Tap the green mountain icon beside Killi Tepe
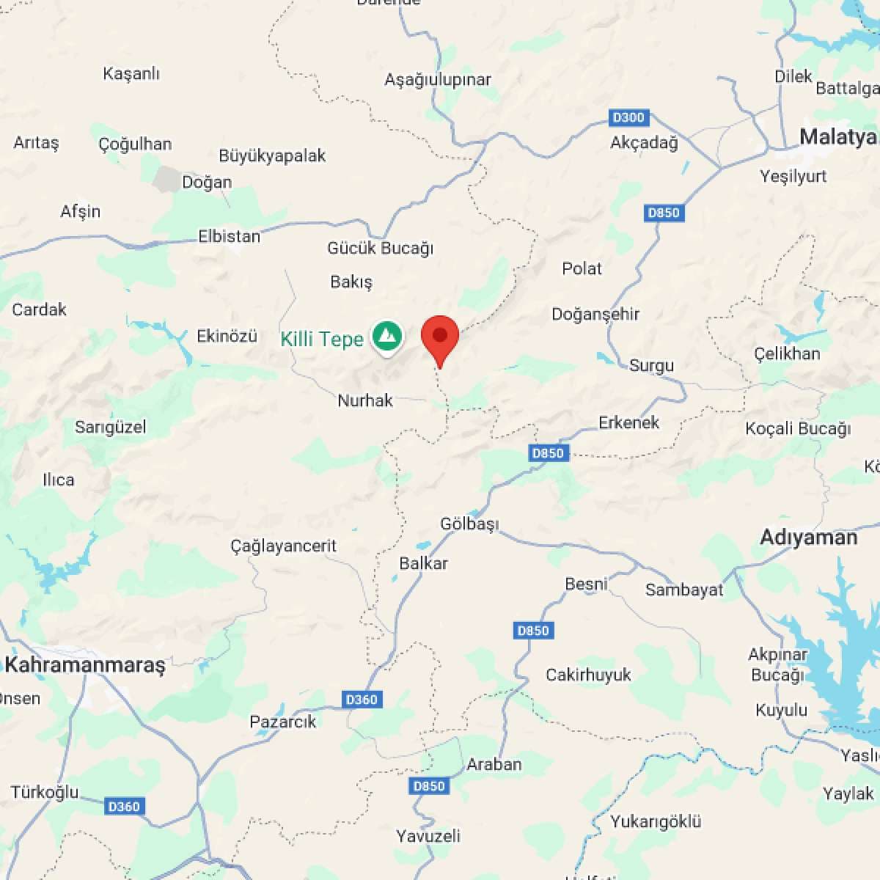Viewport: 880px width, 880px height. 386,337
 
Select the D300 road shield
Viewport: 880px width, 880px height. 628,117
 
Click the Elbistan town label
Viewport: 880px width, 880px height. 229,236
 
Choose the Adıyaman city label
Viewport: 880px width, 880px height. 808,538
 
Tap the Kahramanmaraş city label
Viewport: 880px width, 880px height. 85,665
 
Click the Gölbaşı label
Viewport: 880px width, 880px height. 469,524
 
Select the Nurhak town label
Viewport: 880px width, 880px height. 365,400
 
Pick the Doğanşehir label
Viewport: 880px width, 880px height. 595,314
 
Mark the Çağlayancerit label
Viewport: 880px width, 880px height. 283,546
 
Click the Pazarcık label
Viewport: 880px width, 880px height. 283,722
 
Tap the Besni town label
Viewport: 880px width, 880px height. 586,584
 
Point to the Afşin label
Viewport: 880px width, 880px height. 80,211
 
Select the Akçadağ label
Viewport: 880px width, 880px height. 644,142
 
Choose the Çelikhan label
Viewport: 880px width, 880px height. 787,353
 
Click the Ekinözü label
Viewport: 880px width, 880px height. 227,336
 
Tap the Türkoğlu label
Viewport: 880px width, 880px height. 45,792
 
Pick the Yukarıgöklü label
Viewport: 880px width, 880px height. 656,821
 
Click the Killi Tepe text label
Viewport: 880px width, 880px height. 322,339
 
